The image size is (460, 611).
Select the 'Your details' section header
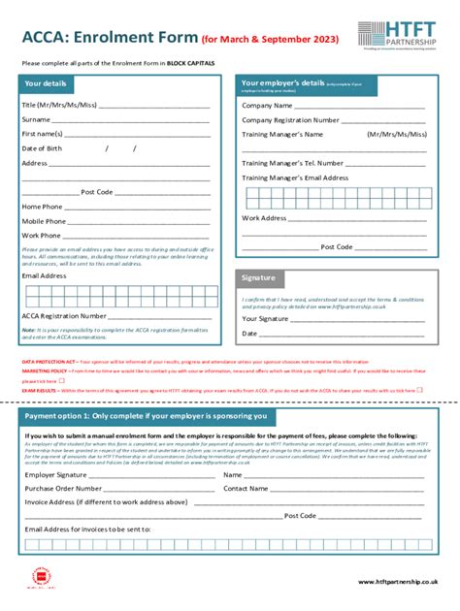pyautogui.click(x=46, y=83)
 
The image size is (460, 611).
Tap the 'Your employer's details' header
pyautogui.click(x=282, y=83)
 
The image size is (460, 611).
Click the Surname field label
pyautogui.click(x=37, y=119)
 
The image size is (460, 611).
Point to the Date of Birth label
pyautogui.click(x=42, y=148)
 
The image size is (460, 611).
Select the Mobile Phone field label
pyautogui.click(x=44, y=221)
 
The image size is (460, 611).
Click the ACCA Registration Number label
pyautogui.click(x=64, y=315)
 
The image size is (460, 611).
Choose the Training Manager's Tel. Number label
pyautogui.click(x=292, y=164)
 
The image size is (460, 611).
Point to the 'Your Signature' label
pyautogui.click(x=265, y=318)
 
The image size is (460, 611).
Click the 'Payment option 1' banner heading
pyautogui.click(x=146, y=415)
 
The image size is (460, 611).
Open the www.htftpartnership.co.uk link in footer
pyautogui.click(x=398, y=581)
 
